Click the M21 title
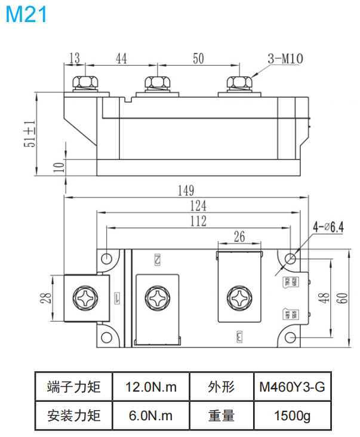click(27, 14)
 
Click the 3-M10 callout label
click(286, 59)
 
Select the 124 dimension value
click(198, 206)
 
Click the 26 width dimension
click(239, 237)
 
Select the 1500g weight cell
click(291, 416)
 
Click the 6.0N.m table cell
click(151, 416)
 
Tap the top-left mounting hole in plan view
click(107, 258)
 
